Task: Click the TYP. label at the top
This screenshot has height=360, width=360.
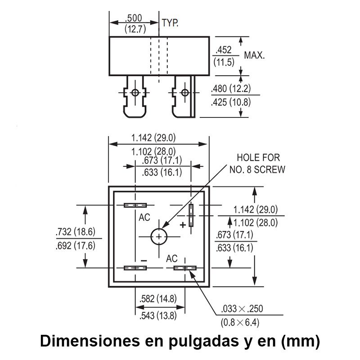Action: point(170,23)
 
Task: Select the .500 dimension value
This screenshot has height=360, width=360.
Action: point(133,18)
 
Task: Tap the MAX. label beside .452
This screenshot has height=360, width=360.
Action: point(254,55)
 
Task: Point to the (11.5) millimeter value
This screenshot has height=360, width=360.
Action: point(224,62)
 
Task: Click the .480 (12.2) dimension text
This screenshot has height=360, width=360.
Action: point(231,88)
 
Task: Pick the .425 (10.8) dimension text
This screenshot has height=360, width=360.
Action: point(231,102)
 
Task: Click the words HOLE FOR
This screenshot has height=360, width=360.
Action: point(258,157)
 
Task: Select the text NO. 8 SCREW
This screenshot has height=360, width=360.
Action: point(257,170)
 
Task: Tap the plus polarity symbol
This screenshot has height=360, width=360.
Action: point(183,225)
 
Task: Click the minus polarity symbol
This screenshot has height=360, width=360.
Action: point(144,261)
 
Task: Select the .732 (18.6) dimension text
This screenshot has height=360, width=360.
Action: point(76,232)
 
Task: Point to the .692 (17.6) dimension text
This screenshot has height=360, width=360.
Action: point(76,246)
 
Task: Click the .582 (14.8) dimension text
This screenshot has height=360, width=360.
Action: point(158,299)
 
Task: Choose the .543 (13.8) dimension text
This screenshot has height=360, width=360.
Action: point(158,316)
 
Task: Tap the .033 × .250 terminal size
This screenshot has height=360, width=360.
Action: point(242,309)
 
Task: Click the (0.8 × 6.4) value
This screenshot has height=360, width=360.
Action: point(240,323)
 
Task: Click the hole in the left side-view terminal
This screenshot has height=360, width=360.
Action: point(135,93)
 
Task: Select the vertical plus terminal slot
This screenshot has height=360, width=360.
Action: point(191,215)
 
